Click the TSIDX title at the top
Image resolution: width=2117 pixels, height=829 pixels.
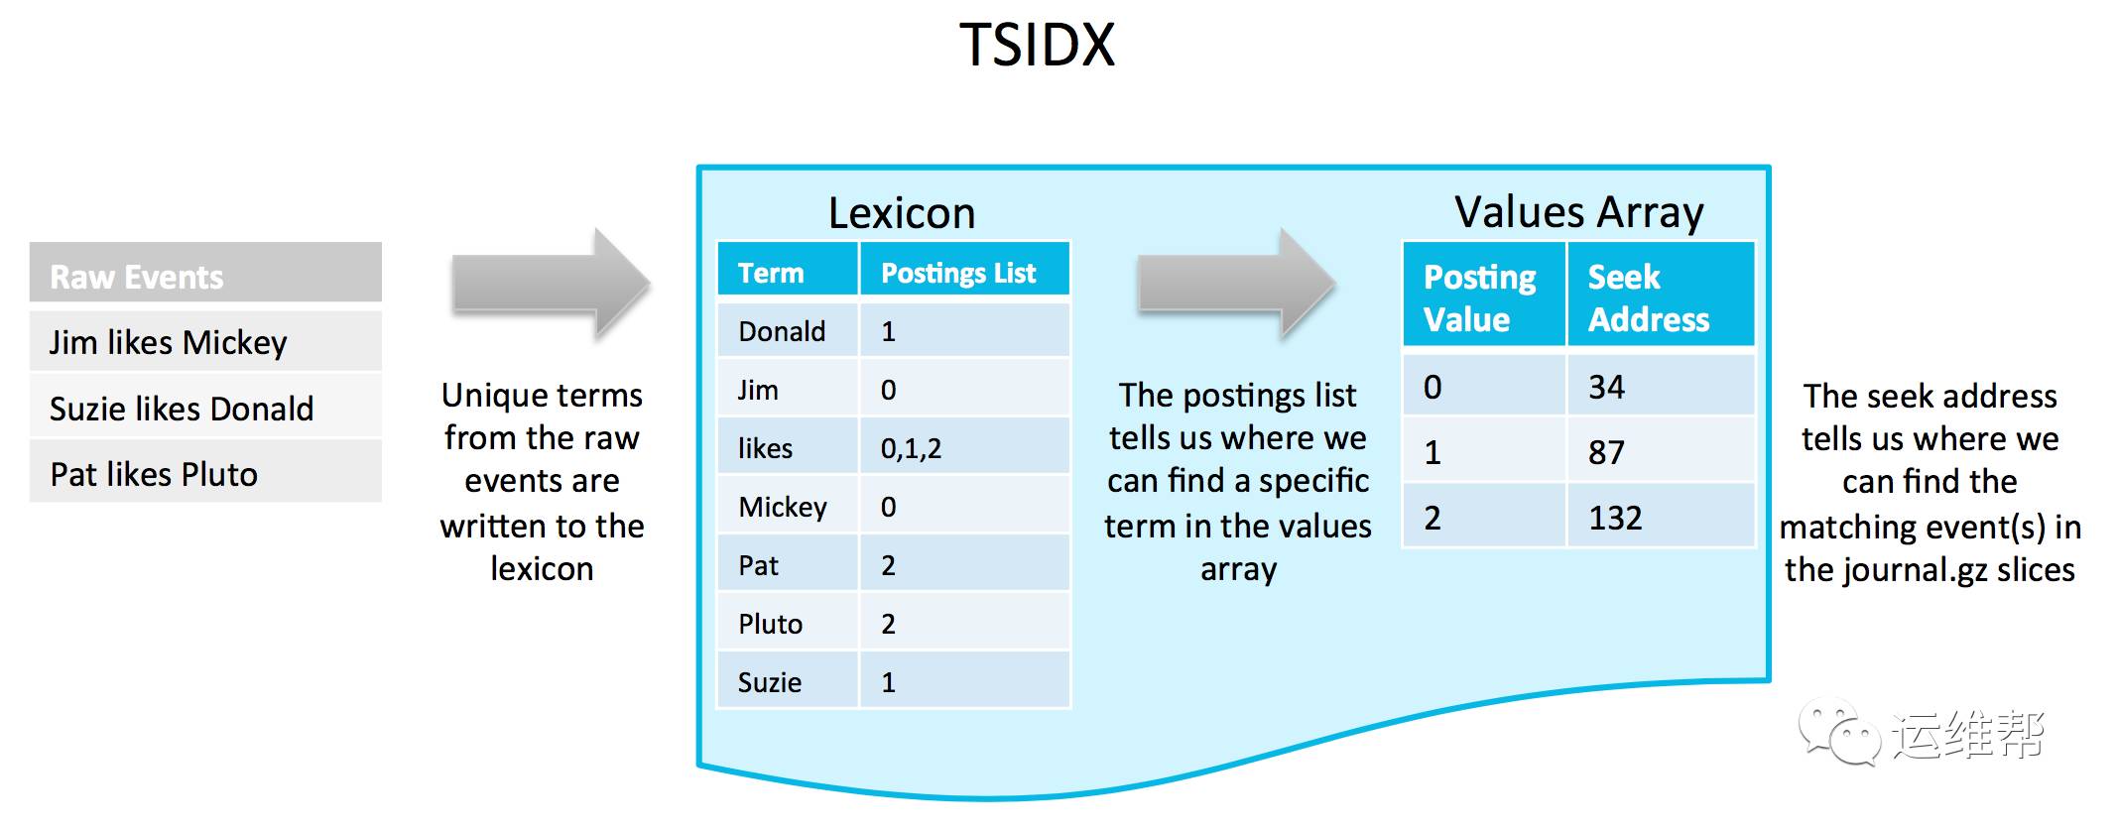pos(1037,45)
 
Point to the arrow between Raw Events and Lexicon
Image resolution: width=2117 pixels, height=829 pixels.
pos(551,286)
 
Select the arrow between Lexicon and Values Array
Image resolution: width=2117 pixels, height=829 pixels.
pos(1236,285)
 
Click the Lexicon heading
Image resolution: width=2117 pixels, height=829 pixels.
pos(901,212)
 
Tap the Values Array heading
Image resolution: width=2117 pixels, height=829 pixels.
pos(1578,211)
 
